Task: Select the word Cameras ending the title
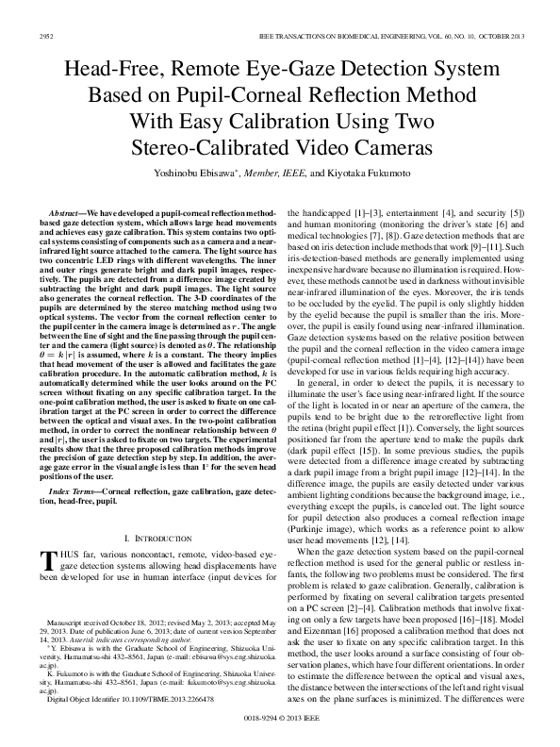(x=387, y=148)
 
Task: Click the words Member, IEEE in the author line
(x=276, y=174)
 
